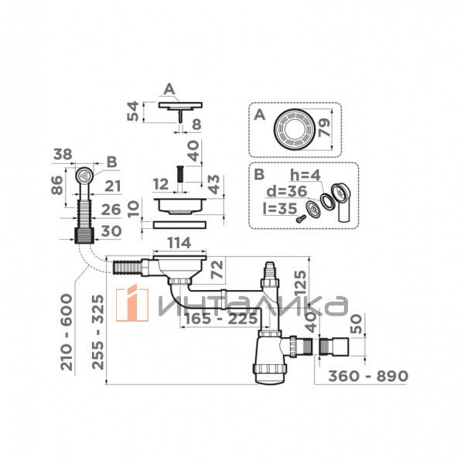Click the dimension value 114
[179, 243]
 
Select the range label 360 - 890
[368, 376]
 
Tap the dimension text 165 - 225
[221, 319]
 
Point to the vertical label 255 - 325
[98, 332]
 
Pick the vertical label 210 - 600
[67, 332]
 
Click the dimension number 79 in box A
[325, 128]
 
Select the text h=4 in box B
[305, 176]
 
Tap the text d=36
[287, 192]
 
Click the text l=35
[280, 209]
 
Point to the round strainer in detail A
[295, 129]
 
